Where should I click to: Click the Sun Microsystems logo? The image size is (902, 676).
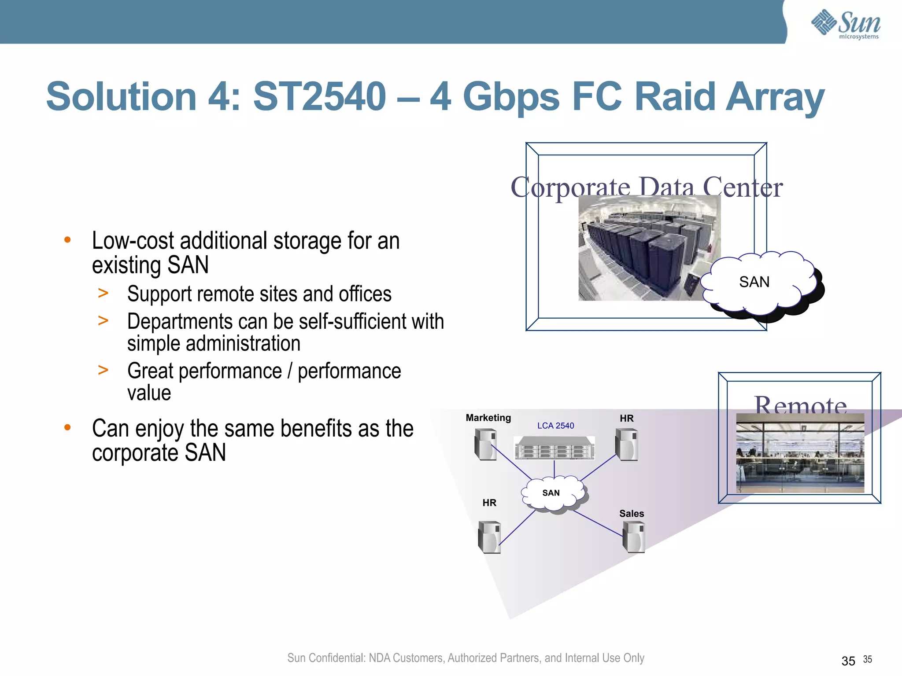(x=846, y=24)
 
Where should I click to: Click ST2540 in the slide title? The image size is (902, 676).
(x=319, y=97)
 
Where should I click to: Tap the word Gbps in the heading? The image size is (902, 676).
(x=511, y=98)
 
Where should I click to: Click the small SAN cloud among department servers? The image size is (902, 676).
(x=552, y=493)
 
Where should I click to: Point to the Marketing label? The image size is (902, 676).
(x=488, y=418)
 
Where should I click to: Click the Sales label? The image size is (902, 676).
(x=631, y=514)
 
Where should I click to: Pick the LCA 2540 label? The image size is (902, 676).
(x=555, y=426)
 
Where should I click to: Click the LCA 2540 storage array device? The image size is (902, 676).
(x=555, y=448)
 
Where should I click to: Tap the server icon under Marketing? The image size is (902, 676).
(x=485, y=445)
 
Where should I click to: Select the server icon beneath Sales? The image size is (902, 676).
(x=634, y=536)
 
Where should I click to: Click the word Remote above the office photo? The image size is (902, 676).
(x=800, y=405)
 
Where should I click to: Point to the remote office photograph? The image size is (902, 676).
(x=800, y=453)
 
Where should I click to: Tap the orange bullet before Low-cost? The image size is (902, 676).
(x=67, y=240)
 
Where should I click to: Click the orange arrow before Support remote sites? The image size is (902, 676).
(x=103, y=293)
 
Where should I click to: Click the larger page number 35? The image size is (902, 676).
(x=848, y=661)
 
